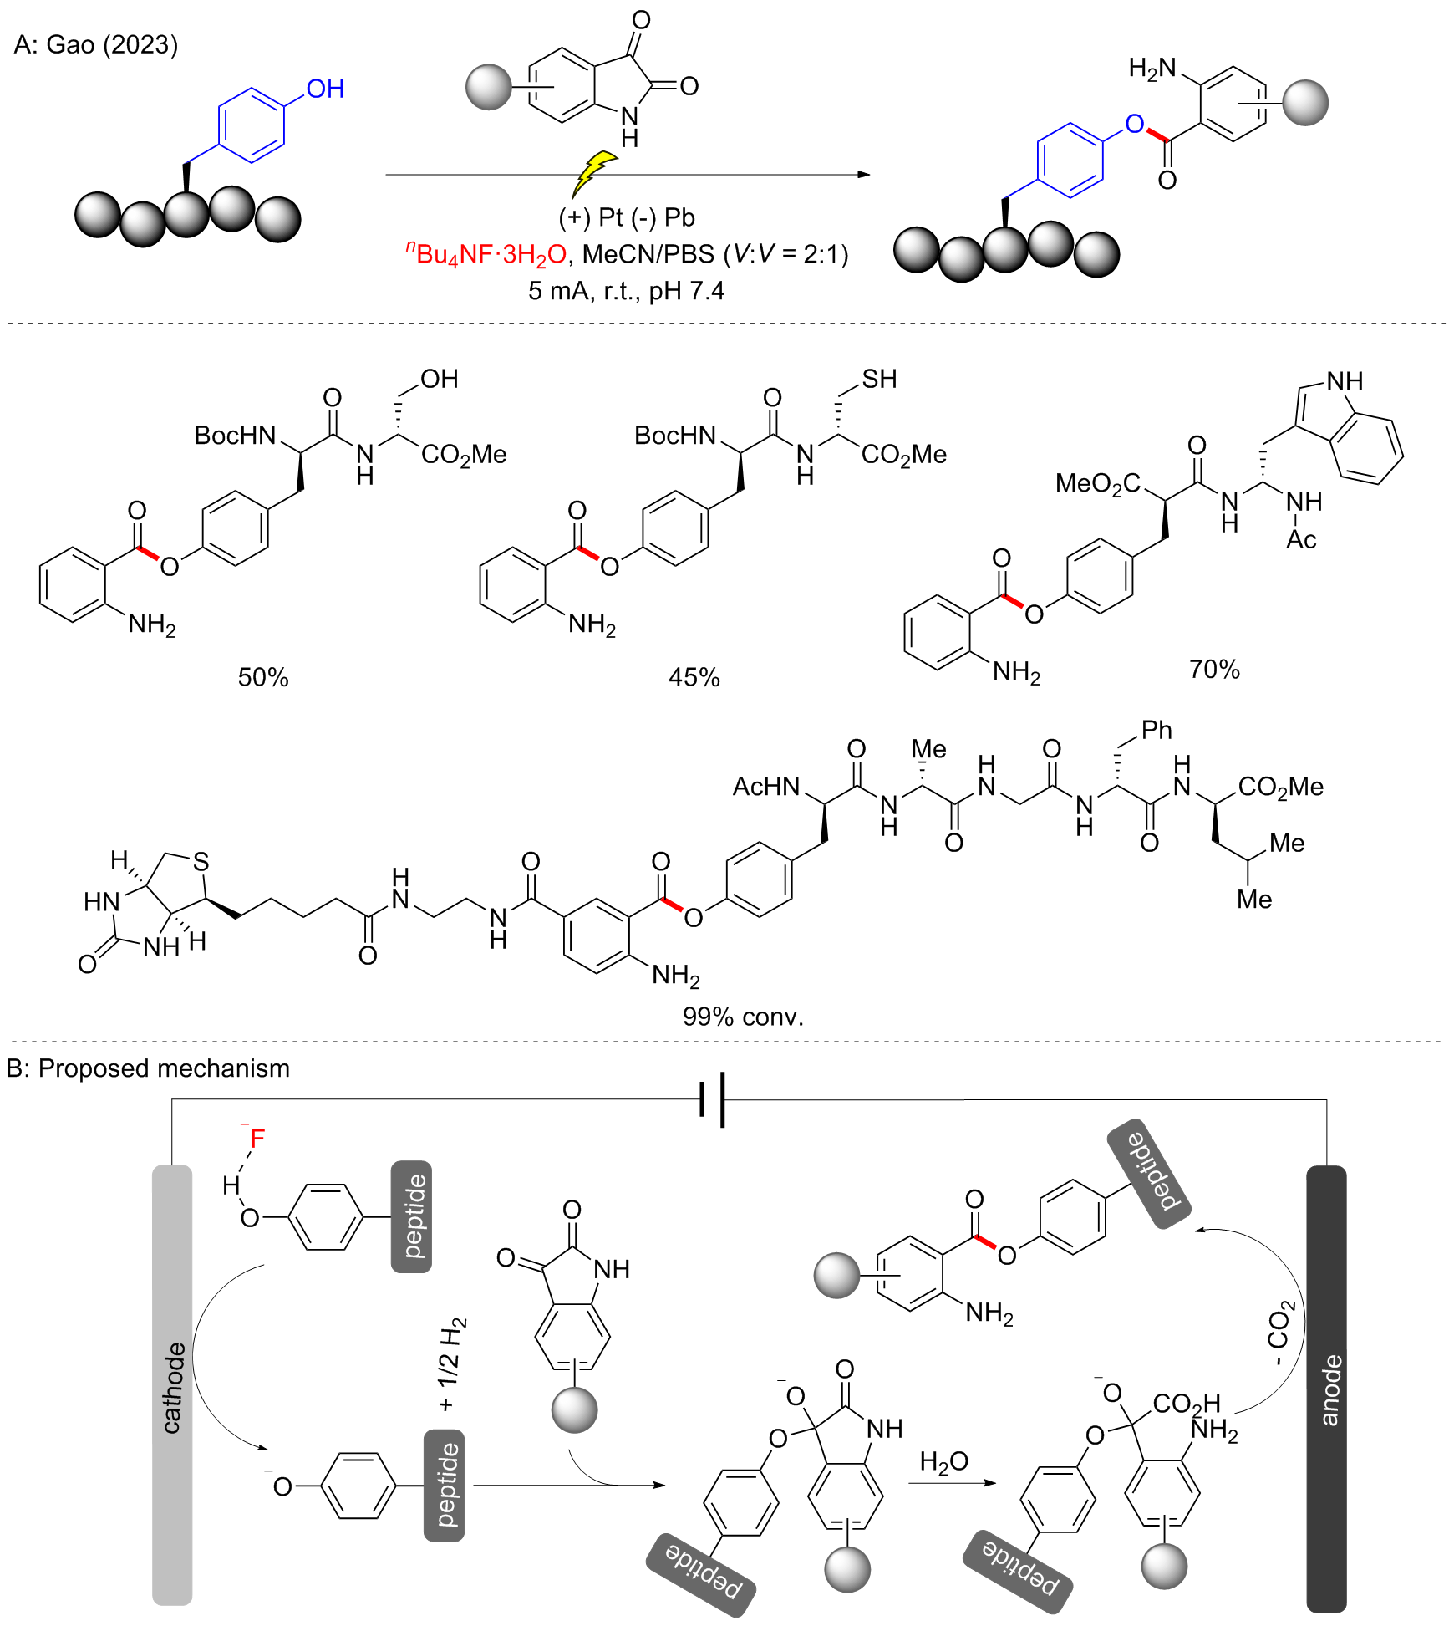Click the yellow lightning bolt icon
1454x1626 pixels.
coord(595,173)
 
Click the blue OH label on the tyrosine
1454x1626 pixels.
coord(325,89)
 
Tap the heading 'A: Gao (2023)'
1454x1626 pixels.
coord(96,44)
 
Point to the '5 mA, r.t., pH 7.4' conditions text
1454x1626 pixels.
coord(626,291)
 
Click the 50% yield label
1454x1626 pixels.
coord(263,677)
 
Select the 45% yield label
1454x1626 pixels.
coord(694,677)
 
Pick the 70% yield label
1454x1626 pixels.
coord(1214,669)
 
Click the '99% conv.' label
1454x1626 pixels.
coord(743,1016)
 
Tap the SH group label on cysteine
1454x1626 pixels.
coord(879,379)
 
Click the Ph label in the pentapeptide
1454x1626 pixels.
coord(1157,730)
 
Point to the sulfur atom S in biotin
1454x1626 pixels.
coord(201,862)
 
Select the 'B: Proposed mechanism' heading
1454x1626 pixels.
coord(148,1068)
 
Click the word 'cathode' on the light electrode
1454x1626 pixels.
coord(173,1388)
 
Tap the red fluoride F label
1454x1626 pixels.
coord(257,1138)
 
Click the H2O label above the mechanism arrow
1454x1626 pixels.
coord(943,1460)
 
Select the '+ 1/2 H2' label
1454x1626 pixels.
coord(451,1363)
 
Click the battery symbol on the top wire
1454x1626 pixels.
coord(712,1099)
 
